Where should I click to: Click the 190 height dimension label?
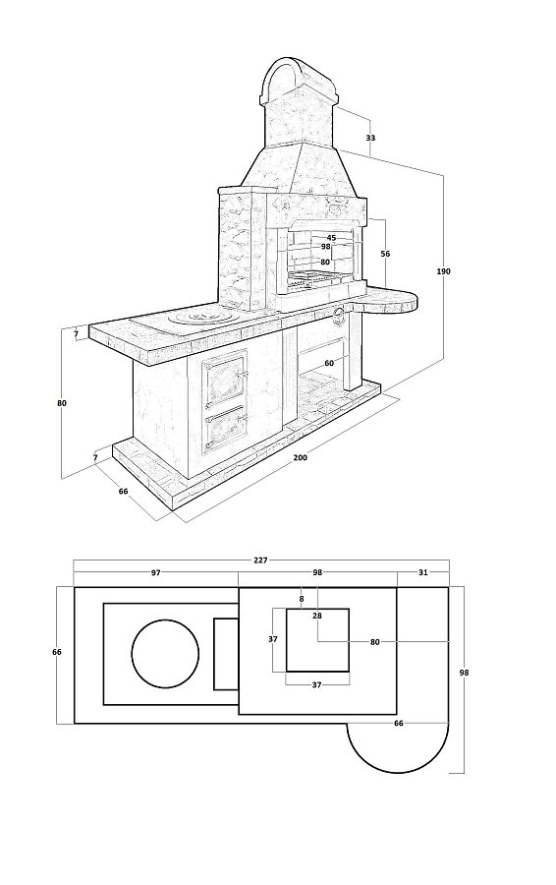coord(443,271)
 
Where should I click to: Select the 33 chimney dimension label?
coord(370,138)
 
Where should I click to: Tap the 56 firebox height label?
coord(385,254)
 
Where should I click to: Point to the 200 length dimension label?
coord(300,457)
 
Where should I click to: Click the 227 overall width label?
coord(260,560)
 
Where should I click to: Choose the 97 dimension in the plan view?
coord(155,573)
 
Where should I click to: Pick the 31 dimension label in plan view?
coord(423,573)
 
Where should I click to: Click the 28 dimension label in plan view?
coord(317,616)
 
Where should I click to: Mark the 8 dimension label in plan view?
coord(302,599)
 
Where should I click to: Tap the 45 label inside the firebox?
coord(332,238)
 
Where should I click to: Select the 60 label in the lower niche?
coord(329,364)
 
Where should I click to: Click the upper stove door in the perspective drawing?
coord(225,382)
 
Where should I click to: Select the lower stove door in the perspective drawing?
coord(225,432)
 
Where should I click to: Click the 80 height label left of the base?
coord(62,403)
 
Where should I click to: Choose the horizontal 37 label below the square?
coord(316,684)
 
